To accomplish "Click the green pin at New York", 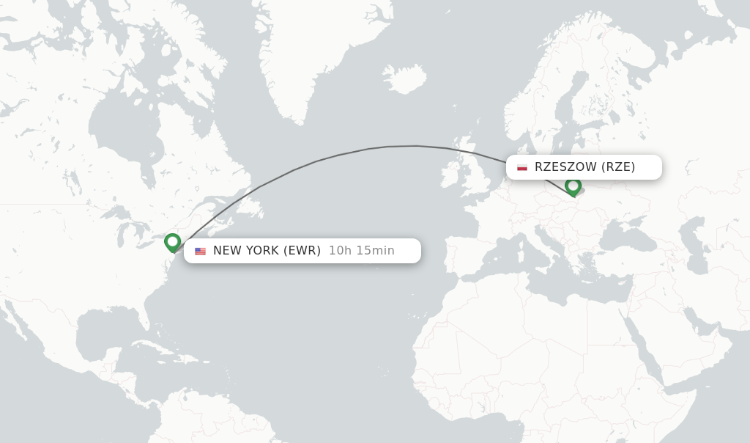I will pos(172,241).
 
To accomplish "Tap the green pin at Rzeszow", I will pos(573,186).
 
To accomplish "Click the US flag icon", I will pos(200,251).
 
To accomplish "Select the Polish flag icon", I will pos(521,167).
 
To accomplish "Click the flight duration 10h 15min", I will pos(361,251).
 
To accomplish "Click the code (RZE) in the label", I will pos(618,167).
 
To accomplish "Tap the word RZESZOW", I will pos(565,167).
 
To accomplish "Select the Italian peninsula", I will pos(543,242).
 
